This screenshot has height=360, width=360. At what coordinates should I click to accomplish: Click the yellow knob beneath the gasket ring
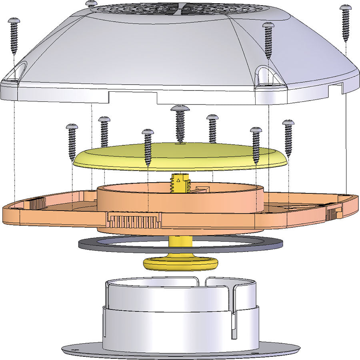(180, 263)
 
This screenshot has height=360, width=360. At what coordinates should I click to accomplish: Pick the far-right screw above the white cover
(346, 22)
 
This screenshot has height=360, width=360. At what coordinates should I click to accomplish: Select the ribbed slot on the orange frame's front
(134, 221)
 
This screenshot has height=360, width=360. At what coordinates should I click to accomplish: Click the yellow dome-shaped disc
(180, 156)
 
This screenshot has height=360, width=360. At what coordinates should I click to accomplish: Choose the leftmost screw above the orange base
(72, 142)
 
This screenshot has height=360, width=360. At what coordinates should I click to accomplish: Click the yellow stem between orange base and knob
(180, 242)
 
